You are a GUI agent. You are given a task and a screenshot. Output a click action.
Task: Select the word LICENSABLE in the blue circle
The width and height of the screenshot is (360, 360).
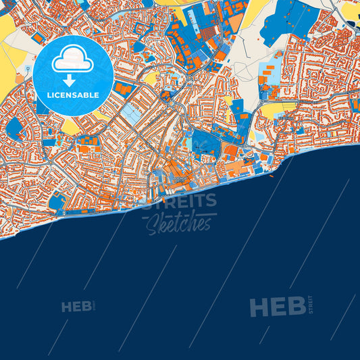tap(72, 95)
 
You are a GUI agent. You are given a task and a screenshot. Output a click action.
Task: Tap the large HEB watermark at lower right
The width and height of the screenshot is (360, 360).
tap(278, 307)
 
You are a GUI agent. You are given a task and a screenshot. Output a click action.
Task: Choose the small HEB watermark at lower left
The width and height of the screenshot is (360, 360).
tap(76, 307)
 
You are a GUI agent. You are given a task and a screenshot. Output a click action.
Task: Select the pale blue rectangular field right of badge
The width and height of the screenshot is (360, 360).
tap(132, 114)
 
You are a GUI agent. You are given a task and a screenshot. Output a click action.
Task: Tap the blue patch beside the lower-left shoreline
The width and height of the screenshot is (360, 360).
tap(58, 201)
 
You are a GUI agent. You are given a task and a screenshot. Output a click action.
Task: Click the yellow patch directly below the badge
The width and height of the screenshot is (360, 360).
tap(71, 127)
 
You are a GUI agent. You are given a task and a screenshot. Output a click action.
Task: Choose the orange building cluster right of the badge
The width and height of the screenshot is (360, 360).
tap(124, 88)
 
